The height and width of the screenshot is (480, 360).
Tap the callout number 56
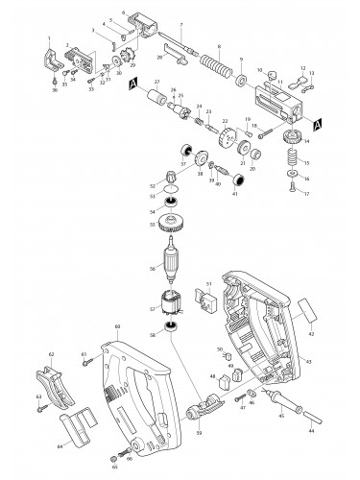tap(151, 269)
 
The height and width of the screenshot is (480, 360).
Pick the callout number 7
tap(179, 23)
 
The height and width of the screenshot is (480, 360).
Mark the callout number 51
tap(208, 283)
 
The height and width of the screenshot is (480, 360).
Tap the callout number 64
tap(59, 445)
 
